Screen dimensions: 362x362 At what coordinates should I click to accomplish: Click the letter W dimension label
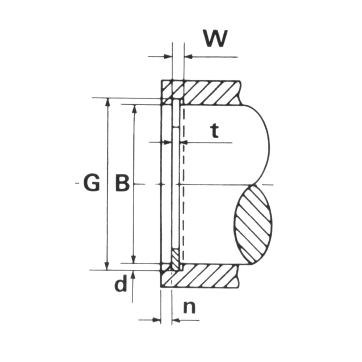pyautogui.click(x=216, y=38)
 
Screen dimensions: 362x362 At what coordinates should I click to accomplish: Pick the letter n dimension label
pyautogui.click(x=189, y=307)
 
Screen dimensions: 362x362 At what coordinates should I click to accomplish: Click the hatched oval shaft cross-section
pyautogui.click(x=253, y=225)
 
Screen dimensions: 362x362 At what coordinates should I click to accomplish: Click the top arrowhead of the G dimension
pyautogui.click(x=107, y=102)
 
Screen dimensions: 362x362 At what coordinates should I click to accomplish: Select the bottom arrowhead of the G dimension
pyautogui.click(x=107, y=266)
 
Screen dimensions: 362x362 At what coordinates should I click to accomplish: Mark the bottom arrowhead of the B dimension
pyautogui.click(x=133, y=259)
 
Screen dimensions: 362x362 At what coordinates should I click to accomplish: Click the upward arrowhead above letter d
pyautogui.click(x=133, y=275)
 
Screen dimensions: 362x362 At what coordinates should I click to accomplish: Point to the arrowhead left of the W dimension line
pyautogui.click(x=168, y=56)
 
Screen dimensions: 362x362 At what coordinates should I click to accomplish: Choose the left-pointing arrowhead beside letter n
pyautogui.click(x=176, y=320)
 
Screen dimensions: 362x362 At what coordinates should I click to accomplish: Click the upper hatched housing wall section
pyautogui.click(x=201, y=92)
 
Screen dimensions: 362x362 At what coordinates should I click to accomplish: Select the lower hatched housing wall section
pyautogui.click(x=201, y=276)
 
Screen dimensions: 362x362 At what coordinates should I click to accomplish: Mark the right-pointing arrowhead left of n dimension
pyautogui.click(x=157, y=320)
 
